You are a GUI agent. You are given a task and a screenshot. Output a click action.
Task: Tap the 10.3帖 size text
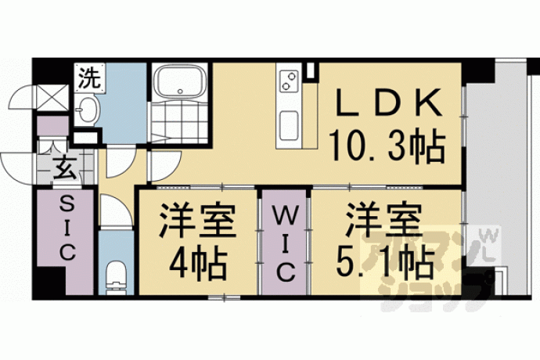pyautogui.click(x=387, y=146)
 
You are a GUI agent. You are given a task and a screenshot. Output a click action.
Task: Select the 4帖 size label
pyautogui.click(x=197, y=265)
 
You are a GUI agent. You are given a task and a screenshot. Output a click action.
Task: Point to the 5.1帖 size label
pyautogui.click(x=385, y=265)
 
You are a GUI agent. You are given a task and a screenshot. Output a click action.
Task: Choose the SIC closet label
pyautogui.click(x=67, y=228)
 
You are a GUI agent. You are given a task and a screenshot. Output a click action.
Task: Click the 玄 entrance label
pyautogui.click(x=65, y=167)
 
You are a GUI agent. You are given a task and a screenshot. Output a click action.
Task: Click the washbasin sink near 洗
pyautogui.click(x=86, y=110)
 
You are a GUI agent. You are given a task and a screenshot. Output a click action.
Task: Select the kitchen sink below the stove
pyautogui.click(x=289, y=125)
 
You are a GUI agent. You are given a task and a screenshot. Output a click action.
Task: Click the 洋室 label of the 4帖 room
pyautogui.click(x=197, y=221)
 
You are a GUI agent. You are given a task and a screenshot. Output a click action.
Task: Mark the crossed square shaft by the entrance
pyautogui.click(x=52, y=98)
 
